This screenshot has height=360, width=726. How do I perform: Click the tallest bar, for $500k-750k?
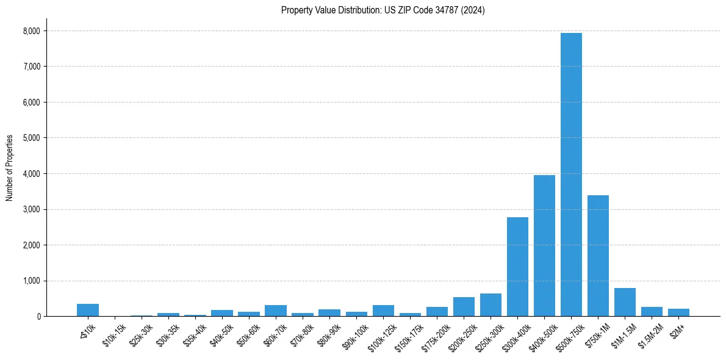point(571,175)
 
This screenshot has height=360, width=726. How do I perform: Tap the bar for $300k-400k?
point(517,267)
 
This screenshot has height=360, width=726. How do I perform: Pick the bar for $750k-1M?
point(598,256)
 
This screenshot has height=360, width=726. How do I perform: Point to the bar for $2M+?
point(678,312)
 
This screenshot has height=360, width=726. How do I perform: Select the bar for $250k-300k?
point(491,305)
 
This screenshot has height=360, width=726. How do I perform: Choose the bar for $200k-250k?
point(464,307)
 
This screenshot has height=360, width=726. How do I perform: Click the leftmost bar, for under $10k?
point(88,310)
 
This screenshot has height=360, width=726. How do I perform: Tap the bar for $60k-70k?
point(276,311)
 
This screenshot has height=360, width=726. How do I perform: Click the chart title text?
point(383,10)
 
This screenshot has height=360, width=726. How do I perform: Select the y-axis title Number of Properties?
point(10,168)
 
